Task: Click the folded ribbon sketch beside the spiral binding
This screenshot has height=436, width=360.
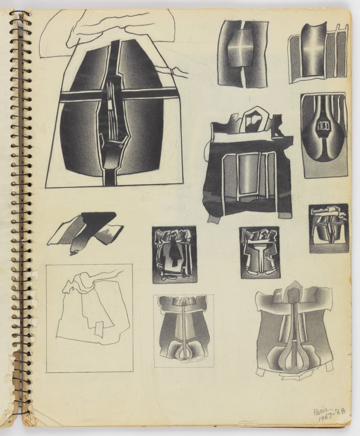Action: tap(82, 232)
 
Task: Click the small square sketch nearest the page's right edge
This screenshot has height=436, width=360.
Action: tap(329, 228)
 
